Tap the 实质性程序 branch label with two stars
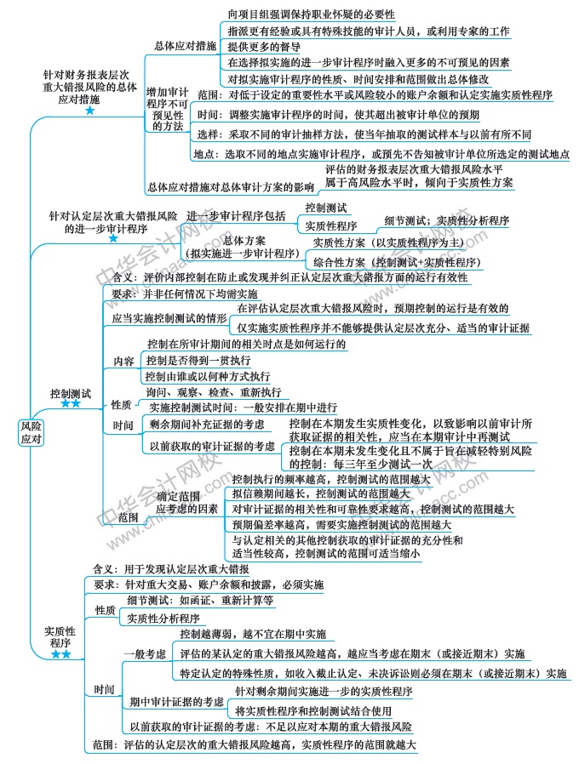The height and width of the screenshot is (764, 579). pos(60,636)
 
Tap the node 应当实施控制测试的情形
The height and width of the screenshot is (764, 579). pos(169,317)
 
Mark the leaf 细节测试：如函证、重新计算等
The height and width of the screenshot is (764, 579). pos(200,600)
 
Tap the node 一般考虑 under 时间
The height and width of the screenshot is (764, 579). pos(144,654)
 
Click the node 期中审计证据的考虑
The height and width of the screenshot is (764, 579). pos(177,702)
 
